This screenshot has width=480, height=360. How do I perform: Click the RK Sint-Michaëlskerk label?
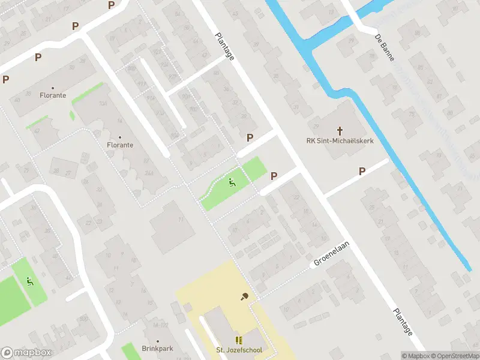point(340,142)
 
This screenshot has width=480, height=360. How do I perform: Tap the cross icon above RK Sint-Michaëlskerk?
point(340,130)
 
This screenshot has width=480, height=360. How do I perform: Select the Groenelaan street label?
point(331,254)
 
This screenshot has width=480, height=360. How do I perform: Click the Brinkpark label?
point(157,348)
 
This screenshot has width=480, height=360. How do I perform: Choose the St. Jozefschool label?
point(239,350)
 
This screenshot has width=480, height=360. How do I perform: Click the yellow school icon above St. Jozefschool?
point(239,340)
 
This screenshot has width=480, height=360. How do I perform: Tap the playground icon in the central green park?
point(232,182)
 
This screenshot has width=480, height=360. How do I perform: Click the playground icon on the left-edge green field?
point(30,281)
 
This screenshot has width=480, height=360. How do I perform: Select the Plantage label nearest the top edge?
point(224,46)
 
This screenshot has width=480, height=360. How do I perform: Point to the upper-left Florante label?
point(53,95)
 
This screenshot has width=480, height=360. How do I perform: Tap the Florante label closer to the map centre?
point(120,145)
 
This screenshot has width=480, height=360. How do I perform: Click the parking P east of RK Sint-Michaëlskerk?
point(362,172)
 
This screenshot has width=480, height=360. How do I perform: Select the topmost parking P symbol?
point(111,5)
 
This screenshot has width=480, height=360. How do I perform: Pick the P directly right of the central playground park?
point(274,176)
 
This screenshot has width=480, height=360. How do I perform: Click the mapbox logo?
point(27,353)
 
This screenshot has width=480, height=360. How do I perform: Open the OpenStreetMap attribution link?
point(453,356)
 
